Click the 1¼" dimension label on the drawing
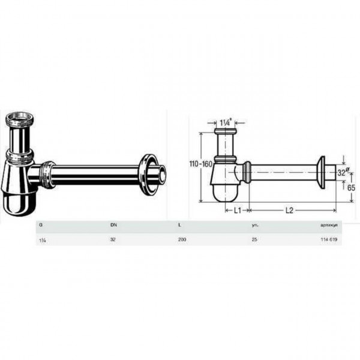coord(226,123)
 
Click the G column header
coord(40,225)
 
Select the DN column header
coord(113,225)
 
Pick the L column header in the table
coord(179,225)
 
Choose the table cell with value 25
coord(255,239)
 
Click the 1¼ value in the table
coord(41,239)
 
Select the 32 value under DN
coord(113,239)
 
